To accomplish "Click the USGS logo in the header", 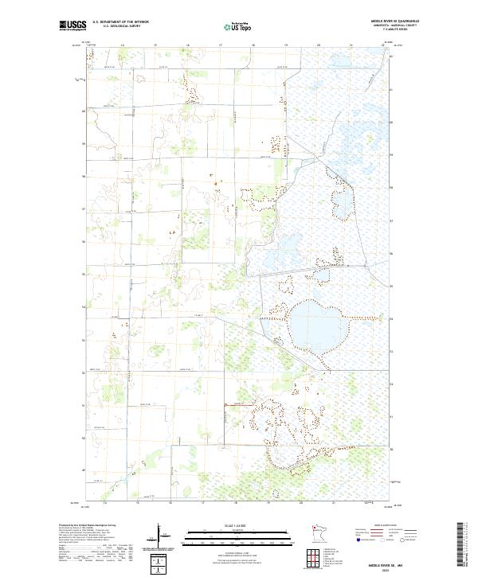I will [72, 26].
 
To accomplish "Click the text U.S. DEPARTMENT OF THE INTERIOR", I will [120, 22].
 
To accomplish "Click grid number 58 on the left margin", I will [84, 177].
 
